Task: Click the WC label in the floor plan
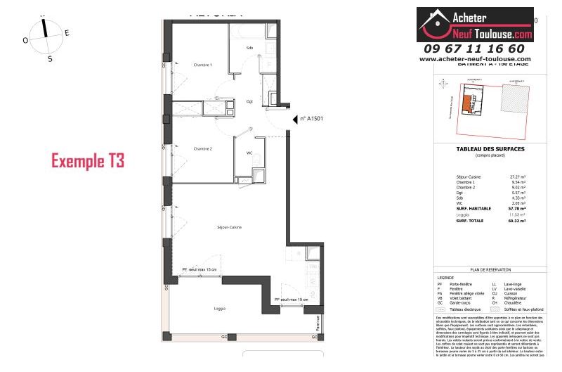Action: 249,153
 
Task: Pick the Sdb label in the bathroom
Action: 249,48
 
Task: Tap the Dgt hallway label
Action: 249,101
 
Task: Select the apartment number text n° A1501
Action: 313,120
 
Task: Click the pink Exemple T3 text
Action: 88,161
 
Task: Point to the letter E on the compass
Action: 67,33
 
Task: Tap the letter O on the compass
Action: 25,41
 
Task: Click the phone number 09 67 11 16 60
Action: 474,49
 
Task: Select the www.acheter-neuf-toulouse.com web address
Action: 475,59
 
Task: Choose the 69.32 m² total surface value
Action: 518,221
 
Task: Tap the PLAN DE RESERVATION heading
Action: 490,269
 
